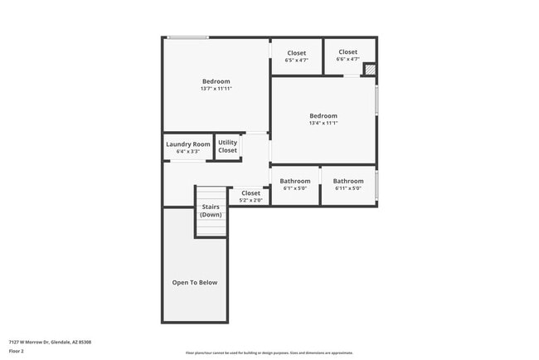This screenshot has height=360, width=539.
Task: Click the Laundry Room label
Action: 188,144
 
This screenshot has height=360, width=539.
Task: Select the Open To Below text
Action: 195,283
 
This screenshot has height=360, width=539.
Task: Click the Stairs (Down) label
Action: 211,211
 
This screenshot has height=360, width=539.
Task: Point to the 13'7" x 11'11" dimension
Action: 216,89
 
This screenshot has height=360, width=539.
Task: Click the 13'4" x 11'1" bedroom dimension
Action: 323,123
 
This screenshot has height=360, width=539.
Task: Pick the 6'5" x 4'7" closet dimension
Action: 297,60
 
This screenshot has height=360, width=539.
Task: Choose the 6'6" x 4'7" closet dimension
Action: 347,59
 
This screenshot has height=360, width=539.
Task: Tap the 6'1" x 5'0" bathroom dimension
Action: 295,188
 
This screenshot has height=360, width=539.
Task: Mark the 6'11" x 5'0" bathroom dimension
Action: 348,188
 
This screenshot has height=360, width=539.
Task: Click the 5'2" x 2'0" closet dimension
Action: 250,201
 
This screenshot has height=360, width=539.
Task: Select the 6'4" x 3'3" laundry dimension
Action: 188,152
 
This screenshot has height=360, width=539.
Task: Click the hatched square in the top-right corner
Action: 370,71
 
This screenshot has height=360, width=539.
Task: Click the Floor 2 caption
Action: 17,351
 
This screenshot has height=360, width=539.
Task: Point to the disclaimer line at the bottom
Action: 269,352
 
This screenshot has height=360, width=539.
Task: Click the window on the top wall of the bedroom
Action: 187,37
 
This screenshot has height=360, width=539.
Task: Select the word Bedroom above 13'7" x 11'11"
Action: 216,81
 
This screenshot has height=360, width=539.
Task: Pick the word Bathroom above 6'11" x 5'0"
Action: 348,181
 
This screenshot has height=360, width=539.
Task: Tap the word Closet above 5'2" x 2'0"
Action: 250,193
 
